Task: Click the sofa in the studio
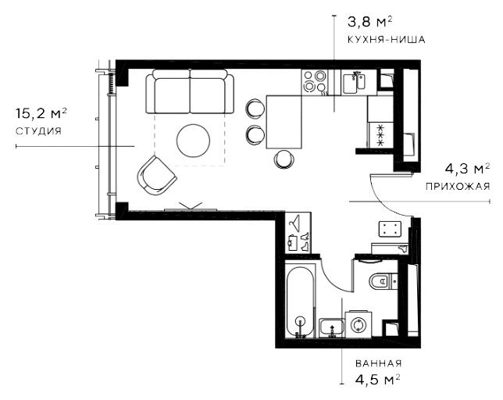coord(190,91)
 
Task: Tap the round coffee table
coord(193,141)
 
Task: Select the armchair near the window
coord(156,176)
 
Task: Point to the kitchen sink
coord(354,82)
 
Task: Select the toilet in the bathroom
coord(383,281)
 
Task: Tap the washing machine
coord(358,324)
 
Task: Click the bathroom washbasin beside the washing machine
coord(332,328)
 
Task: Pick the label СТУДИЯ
coord(38,131)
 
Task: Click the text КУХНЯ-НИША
coord(387,40)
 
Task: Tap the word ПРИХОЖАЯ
coord(458,186)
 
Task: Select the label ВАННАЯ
coord(379,363)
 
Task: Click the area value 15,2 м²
coord(41,113)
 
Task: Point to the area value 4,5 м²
coord(378,380)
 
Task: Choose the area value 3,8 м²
coord(370,22)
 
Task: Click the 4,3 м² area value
coord(467,168)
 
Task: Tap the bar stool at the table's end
coord(284,159)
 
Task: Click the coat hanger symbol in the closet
coord(294,221)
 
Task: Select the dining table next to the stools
coord(284,122)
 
